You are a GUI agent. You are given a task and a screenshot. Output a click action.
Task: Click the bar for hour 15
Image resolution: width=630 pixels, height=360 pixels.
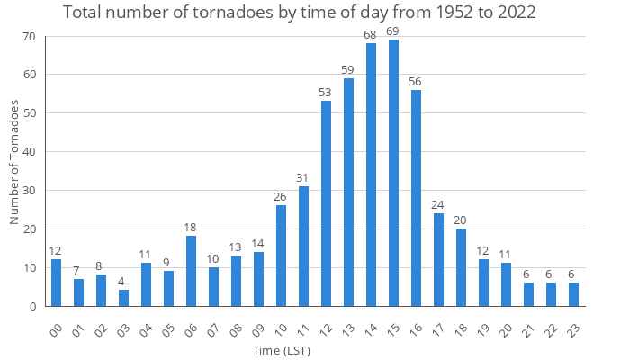(393, 173)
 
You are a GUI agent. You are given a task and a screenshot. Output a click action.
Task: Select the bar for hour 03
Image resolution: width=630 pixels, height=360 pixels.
(123, 298)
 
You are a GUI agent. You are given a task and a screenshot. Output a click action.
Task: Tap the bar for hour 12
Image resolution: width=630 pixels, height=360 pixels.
(326, 203)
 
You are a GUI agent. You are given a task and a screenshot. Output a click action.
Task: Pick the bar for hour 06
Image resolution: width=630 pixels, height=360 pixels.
(191, 271)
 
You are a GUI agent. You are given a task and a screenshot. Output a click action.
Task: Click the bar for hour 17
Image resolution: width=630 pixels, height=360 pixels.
(438, 259)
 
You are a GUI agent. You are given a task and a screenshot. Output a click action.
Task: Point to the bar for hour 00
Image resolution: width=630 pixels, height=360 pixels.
(56, 283)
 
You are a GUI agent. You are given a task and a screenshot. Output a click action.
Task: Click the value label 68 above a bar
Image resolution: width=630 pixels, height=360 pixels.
(371, 35)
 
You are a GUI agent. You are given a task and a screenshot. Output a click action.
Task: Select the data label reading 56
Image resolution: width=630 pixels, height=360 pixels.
(416, 82)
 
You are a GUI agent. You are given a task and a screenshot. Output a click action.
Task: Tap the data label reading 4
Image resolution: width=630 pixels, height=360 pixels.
(123, 282)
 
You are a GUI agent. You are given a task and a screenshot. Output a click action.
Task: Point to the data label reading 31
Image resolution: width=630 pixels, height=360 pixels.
(303, 178)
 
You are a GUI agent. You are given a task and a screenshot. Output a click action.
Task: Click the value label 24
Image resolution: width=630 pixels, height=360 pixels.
(438, 205)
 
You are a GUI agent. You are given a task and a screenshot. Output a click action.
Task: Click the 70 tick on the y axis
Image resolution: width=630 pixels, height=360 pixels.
(29, 36)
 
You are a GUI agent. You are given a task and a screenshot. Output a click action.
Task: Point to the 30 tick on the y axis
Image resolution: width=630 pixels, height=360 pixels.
(29, 191)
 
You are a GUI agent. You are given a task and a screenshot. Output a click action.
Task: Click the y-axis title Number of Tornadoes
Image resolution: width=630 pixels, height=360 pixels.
(14, 162)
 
